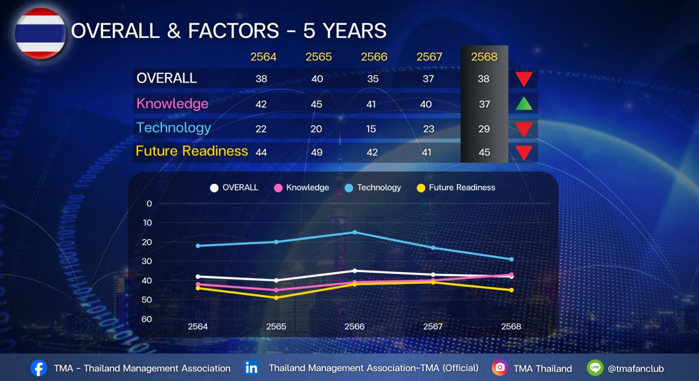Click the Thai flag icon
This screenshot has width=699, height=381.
coord(40,33)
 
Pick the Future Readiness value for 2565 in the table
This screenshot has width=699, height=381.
coord(316,152)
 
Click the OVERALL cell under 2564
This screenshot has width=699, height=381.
coord(261,79)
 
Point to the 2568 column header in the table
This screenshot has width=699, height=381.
coord(484,57)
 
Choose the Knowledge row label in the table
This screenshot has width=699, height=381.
coord(172,104)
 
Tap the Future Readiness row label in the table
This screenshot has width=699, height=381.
coord(192,151)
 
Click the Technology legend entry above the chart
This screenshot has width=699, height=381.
coord(373,187)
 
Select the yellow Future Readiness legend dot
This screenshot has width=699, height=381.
coord(421,188)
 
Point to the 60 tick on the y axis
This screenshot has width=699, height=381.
coord(147,319)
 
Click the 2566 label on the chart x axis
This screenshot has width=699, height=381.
coord(354,327)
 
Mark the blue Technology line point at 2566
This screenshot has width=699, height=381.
coord(355,232)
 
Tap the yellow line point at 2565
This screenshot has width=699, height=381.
coord(276,298)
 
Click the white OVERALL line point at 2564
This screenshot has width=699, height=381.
coord(198,276)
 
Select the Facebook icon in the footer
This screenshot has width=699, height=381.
coord(39,368)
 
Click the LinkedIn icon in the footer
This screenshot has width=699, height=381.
coord(252,368)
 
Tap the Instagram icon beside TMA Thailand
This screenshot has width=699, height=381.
coord(499,368)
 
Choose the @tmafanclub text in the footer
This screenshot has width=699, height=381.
coord(636,368)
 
